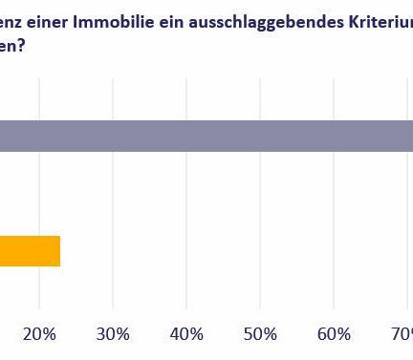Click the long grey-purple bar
[x=206, y=136]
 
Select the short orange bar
[x=30, y=251]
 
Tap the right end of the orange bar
[x=58, y=251]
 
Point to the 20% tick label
[x=39, y=333]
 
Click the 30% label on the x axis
[x=113, y=333]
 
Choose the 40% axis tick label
[x=186, y=333]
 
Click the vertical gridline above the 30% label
[x=113, y=201]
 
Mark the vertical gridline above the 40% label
[x=186, y=201]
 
